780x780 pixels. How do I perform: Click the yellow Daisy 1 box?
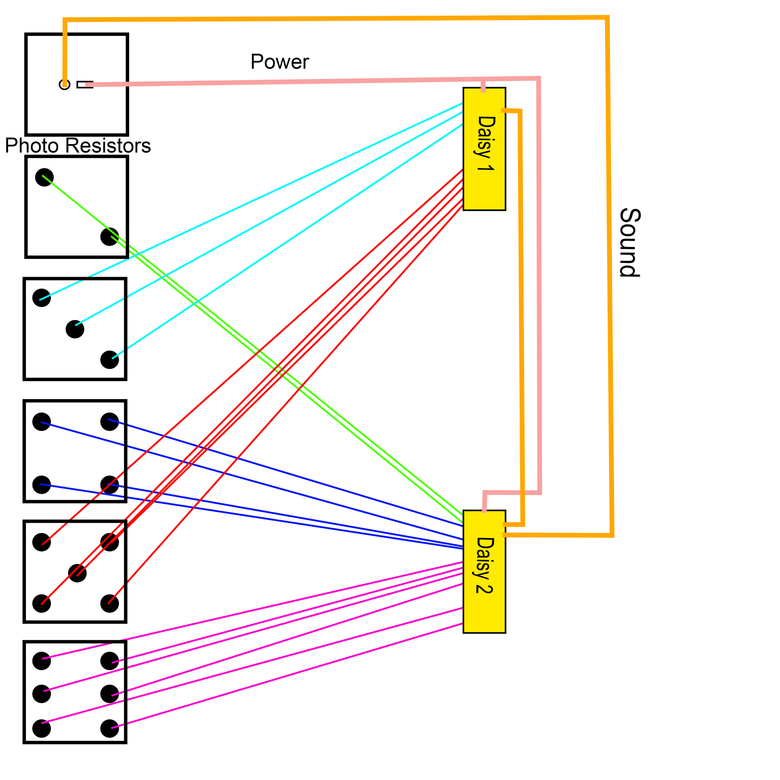pos(484,149)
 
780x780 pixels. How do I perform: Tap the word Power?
pos(279,62)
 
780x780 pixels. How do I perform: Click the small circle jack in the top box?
pos(65,84)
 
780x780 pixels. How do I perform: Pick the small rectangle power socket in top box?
pos(85,84)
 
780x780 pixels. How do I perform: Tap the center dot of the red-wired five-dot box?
pos(77,573)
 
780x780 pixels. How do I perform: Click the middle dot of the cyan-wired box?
pos(75,329)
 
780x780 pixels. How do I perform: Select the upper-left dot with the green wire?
pos(44,177)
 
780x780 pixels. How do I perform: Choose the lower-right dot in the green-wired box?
pos(110,236)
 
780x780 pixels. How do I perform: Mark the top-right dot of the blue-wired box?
pos(110,422)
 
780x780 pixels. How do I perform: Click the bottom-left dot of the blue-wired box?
pos(41,485)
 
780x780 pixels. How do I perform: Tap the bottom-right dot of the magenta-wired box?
pos(110,728)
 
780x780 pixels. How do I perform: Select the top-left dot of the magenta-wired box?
pos(41,661)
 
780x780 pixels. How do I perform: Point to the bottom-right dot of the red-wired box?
pos(110,604)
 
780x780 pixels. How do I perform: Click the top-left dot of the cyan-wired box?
pos(41,298)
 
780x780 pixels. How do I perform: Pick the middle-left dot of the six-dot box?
pos(41,694)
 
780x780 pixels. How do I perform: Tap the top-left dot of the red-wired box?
pos(41,542)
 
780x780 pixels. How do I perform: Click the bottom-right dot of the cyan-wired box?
pos(110,360)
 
